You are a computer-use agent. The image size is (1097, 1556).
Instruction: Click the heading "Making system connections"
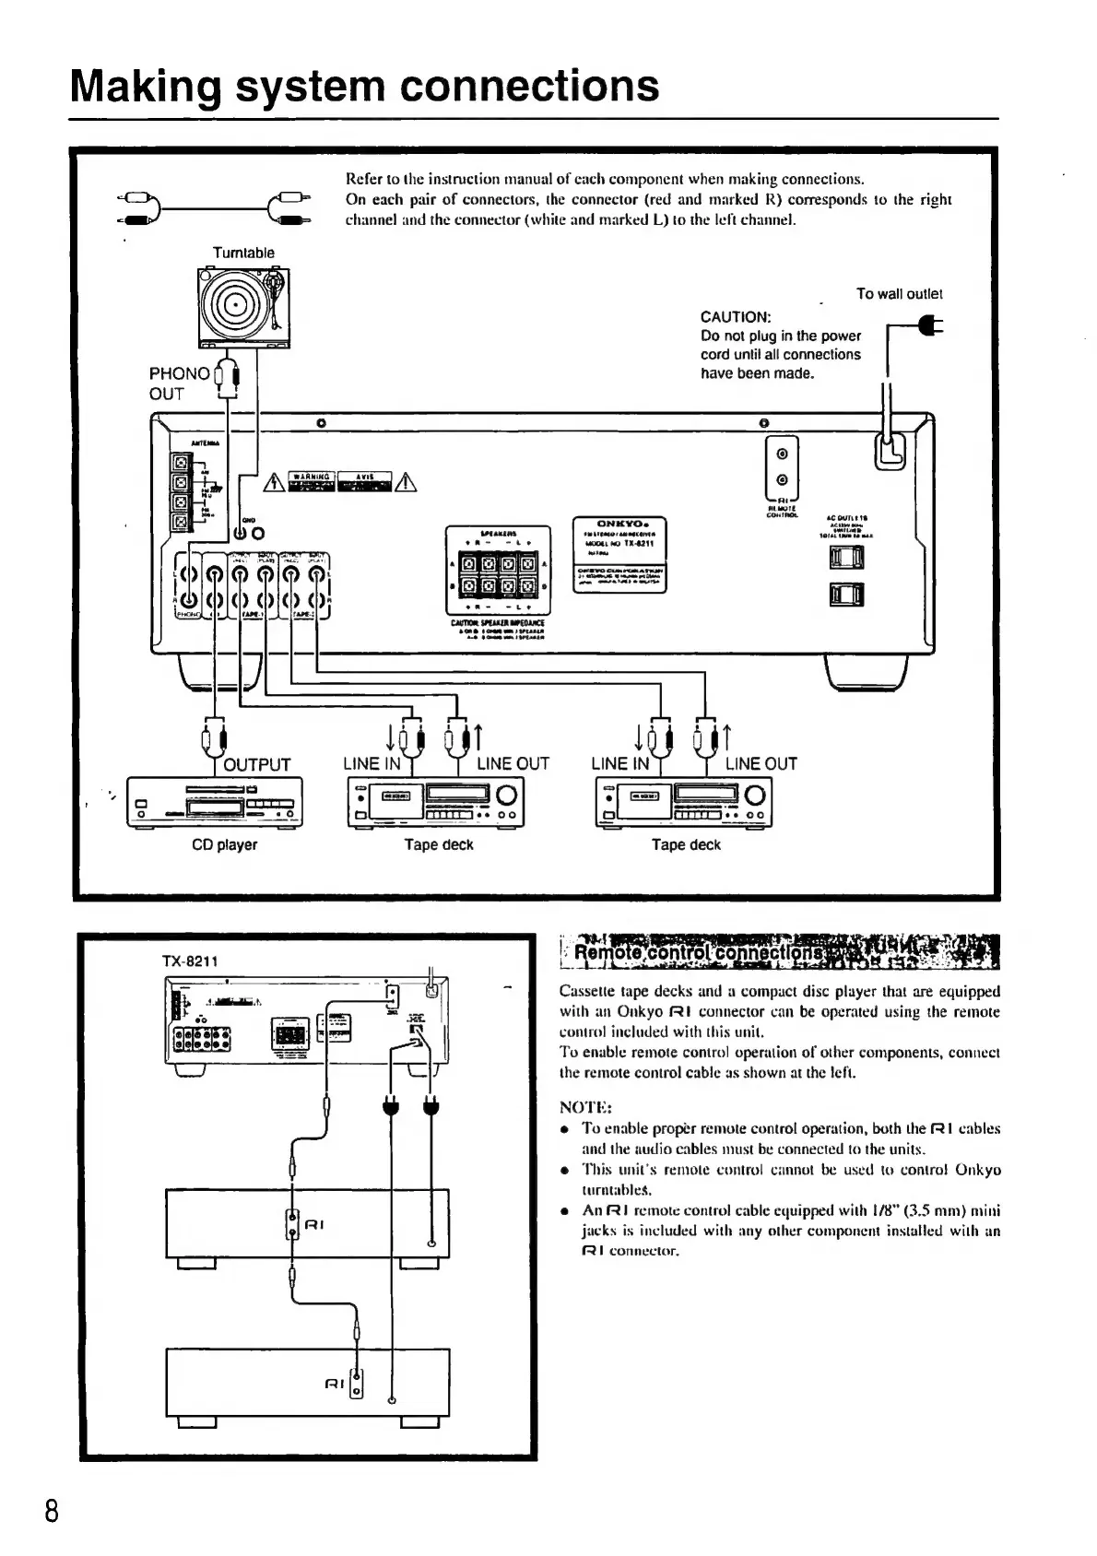(365, 86)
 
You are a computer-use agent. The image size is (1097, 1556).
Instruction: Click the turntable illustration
(243, 309)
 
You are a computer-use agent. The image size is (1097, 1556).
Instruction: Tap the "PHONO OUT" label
(179, 383)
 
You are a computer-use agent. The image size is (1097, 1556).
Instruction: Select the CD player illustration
(215, 803)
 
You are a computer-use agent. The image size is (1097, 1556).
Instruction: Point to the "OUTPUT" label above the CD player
(257, 764)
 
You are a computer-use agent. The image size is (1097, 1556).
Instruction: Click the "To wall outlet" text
(899, 294)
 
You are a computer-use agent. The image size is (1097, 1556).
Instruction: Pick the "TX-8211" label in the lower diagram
(190, 961)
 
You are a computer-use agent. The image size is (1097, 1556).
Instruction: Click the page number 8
(52, 1513)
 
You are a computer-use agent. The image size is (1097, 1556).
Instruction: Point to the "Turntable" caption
(243, 253)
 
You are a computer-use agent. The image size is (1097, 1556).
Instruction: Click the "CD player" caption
(224, 844)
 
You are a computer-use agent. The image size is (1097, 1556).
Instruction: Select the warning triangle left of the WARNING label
(274, 483)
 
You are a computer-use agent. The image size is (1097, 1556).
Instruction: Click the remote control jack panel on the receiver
(783, 467)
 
